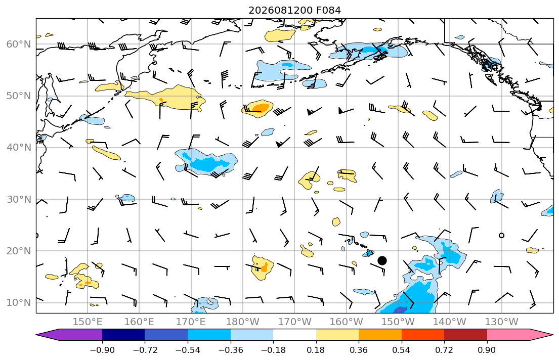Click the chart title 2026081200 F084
tap(294, 10)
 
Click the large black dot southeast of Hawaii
tap(382, 260)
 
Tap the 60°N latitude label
tap(19, 44)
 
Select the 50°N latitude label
tap(19, 96)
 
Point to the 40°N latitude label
tap(19, 147)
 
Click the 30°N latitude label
tap(19, 199)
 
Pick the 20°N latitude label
tap(19, 251)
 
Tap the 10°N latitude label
tap(19, 303)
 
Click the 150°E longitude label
tap(88, 322)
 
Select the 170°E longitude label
tap(191, 322)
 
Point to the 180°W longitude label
tap(243, 322)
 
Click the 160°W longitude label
tap(346, 322)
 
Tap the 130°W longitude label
tap(502, 322)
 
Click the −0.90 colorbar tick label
tap(102, 350)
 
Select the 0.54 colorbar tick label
tap(402, 350)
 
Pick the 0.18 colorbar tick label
tap(316, 350)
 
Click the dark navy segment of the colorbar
tap(123, 335)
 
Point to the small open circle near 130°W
tap(502, 235)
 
